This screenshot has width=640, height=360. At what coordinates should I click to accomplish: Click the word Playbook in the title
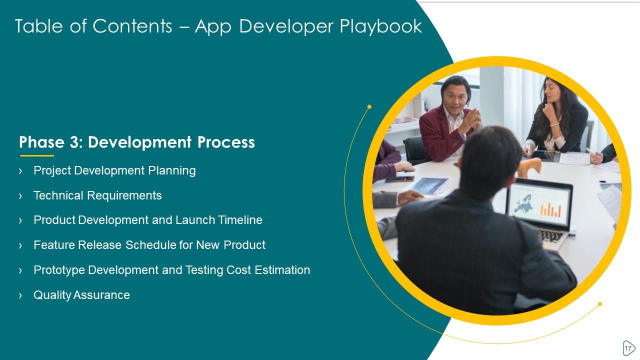[381, 26]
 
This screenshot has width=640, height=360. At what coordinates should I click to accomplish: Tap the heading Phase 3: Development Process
[137, 142]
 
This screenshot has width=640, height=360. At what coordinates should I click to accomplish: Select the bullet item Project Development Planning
[114, 170]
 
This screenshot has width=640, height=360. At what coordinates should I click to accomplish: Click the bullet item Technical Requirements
[97, 195]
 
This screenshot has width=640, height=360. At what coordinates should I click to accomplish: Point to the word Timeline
[240, 220]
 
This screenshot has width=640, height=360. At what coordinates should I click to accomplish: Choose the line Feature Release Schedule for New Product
[149, 245]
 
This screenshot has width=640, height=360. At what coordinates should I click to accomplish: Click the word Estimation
[282, 270]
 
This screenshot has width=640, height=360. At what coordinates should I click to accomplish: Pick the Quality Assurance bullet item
[81, 295]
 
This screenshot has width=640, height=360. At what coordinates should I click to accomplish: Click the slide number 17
[628, 348]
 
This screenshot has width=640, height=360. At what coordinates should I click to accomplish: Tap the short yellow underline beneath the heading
[37, 155]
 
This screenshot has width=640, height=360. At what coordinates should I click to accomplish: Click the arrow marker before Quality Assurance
[20, 295]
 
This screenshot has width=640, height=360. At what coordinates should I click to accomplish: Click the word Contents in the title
[132, 26]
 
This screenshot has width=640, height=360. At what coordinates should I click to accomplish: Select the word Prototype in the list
[59, 270]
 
